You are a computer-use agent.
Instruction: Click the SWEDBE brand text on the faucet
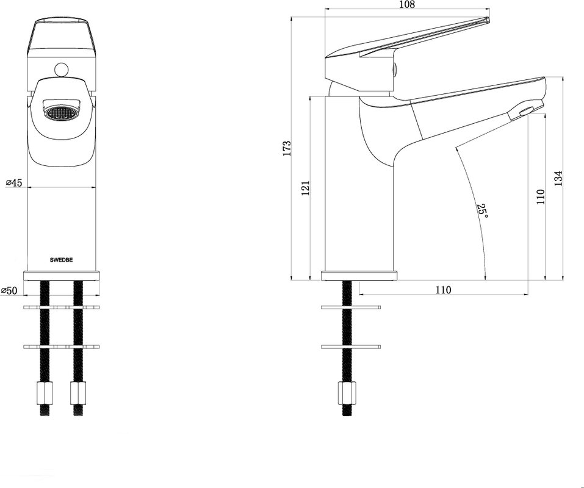tap(62, 260)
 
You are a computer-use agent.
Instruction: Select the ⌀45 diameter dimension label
tap(14, 182)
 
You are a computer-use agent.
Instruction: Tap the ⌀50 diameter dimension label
tap(9, 290)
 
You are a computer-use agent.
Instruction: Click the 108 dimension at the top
tap(406, 4)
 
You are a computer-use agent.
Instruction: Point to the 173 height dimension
tap(287, 148)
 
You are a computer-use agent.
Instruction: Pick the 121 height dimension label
tap(305, 188)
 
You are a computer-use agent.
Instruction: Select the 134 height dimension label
tap(558, 178)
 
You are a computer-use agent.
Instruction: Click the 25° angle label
tap(482, 210)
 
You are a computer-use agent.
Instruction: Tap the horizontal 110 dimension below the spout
tap(443, 290)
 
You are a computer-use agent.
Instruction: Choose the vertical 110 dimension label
tap(541, 196)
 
